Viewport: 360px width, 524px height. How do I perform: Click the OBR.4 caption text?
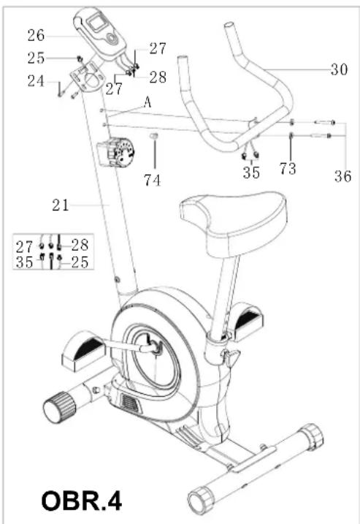click(x=82, y=501)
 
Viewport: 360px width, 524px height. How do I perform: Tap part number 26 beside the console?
click(x=36, y=35)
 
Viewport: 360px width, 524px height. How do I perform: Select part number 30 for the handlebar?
click(x=339, y=69)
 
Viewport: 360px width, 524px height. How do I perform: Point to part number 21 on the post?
click(x=61, y=205)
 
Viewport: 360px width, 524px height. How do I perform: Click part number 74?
click(x=153, y=180)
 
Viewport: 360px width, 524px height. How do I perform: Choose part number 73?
click(x=288, y=168)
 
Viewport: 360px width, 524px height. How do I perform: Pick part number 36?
click(x=343, y=176)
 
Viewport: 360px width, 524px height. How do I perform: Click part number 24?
click(x=36, y=81)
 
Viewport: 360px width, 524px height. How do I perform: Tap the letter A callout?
click(x=148, y=102)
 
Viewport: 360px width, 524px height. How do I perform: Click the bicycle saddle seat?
click(x=234, y=222)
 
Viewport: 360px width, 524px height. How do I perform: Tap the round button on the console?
click(x=112, y=39)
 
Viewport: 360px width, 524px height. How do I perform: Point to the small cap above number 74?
click(x=153, y=136)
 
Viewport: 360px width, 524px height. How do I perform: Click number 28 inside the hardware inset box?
click(x=80, y=246)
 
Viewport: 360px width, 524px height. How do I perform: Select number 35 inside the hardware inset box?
click(x=24, y=262)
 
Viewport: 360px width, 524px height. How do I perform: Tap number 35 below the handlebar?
click(x=251, y=172)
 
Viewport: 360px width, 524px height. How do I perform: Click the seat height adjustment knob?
click(x=231, y=356)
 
